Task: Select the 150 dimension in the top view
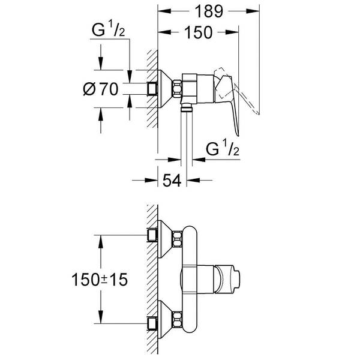click(197, 33)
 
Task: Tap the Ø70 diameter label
click(100, 89)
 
